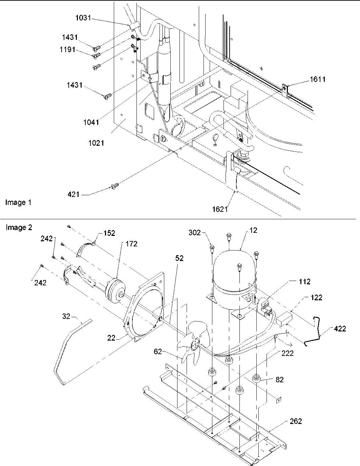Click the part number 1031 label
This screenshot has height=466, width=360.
click(83, 18)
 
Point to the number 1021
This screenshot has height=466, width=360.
click(96, 143)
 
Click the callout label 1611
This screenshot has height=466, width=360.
click(317, 80)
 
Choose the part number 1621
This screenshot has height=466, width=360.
click(220, 209)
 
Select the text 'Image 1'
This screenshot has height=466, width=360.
click(18, 203)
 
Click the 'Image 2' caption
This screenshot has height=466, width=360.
click(19, 228)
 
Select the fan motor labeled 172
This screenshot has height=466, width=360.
click(114, 291)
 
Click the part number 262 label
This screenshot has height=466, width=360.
click(295, 421)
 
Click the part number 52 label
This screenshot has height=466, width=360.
click(179, 258)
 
